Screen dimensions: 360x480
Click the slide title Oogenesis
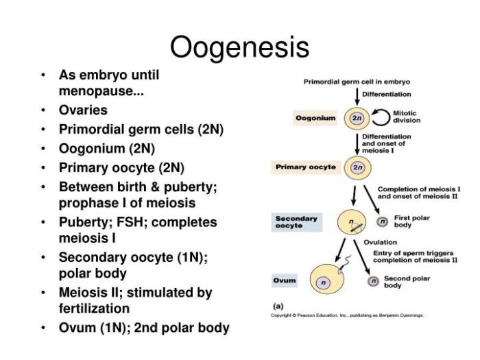239,48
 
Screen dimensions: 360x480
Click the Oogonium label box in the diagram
315,118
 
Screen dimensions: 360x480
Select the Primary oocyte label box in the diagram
306,167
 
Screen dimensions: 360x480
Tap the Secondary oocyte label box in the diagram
296,221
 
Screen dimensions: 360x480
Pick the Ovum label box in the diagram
285,281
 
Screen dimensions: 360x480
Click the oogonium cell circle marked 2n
357,118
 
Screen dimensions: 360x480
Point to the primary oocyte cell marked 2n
357,167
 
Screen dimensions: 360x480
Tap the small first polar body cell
383,221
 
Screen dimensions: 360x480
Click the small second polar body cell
374,281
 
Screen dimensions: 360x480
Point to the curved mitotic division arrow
381,117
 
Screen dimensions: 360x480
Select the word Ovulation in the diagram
380,242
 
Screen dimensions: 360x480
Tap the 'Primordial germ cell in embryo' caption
357,82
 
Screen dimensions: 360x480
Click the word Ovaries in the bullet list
83,110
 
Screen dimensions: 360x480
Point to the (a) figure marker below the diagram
278,305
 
